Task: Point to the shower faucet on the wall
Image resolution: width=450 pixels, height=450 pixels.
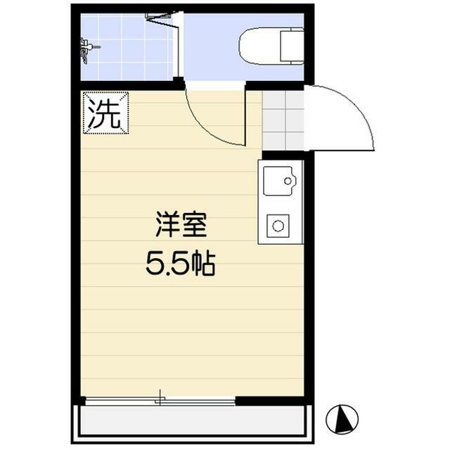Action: click(x=87, y=49)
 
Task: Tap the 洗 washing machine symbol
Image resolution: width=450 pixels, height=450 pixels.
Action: click(x=105, y=112)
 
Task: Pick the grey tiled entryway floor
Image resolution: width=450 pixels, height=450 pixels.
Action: click(x=283, y=120)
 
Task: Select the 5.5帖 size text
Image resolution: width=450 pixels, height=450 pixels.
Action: click(x=180, y=264)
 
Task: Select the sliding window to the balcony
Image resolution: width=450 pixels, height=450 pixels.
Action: click(x=160, y=401)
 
